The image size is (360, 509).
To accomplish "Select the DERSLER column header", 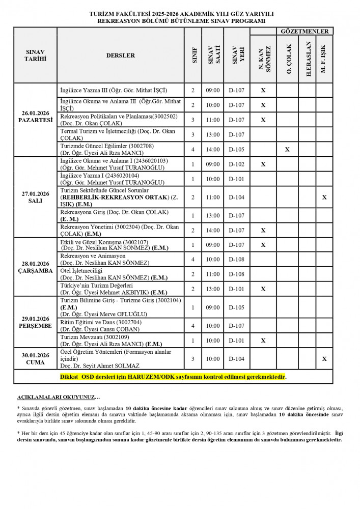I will click(x=121, y=55).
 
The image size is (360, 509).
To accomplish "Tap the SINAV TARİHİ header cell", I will click(x=35, y=55).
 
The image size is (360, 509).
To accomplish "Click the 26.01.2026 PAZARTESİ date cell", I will click(x=35, y=120).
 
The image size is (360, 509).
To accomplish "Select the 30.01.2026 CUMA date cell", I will click(x=35, y=359).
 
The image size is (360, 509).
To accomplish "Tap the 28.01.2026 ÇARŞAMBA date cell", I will click(x=35, y=267).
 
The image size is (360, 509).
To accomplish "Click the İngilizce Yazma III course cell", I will click(x=121, y=91).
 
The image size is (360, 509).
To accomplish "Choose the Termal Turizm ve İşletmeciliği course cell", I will click(x=121, y=135).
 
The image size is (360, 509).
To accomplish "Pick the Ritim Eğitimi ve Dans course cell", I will click(x=121, y=325).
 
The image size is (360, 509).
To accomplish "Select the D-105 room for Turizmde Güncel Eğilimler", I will click(x=237, y=150).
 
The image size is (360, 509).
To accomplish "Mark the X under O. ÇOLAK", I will click(x=288, y=150).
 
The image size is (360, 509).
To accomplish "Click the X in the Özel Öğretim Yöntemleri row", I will click(x=324, y=359).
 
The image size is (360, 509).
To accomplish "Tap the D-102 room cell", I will click(x=237, y=164).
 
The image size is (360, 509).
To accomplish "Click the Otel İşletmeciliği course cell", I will click(x=121, y=274).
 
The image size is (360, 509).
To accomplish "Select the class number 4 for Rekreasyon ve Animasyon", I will click(x=193, y=259).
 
